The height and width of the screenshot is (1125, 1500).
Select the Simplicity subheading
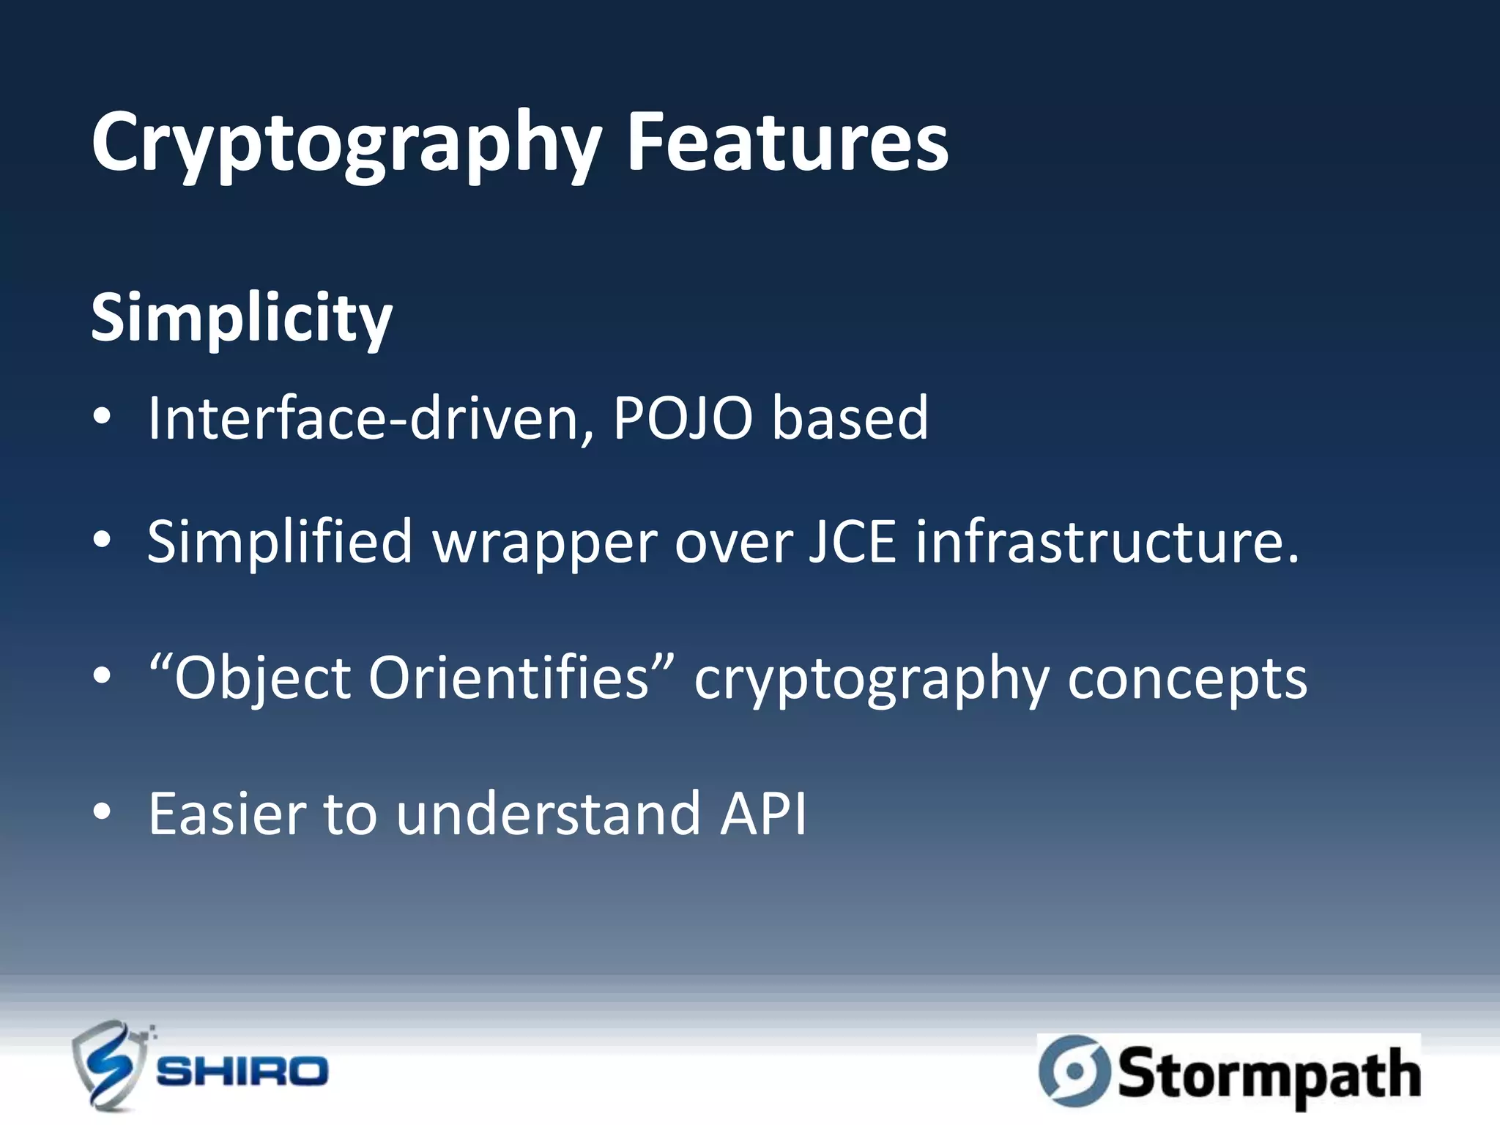[242, 319]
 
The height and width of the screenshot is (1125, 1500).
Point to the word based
[850, 418]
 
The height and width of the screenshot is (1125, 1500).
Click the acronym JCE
[852, 542]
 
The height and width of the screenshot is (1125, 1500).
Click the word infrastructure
[1106, 542]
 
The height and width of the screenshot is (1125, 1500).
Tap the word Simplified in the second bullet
[280, 542]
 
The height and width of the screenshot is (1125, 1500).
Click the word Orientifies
[508, 678]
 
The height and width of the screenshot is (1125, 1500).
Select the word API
[763, 814]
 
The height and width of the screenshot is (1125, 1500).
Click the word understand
[548, 814]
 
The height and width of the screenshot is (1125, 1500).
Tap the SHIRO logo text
[242, 1072]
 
